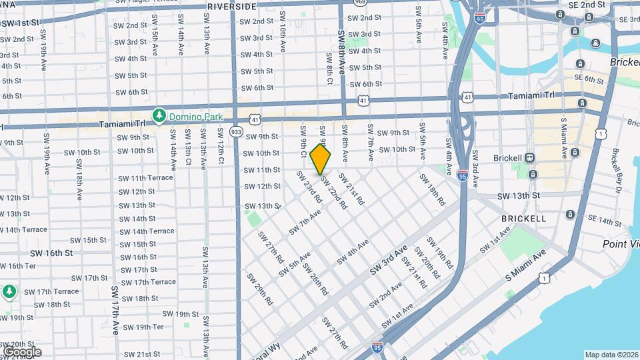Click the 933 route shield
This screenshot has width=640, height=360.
236,132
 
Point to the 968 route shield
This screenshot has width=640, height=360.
361,3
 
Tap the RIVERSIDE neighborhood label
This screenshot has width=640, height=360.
231,7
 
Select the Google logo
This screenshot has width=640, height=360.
21,351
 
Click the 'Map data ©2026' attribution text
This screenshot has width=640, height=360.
611,355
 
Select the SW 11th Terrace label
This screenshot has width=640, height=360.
145,178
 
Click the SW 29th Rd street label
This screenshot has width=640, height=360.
260,289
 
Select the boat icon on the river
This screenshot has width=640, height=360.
595,43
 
